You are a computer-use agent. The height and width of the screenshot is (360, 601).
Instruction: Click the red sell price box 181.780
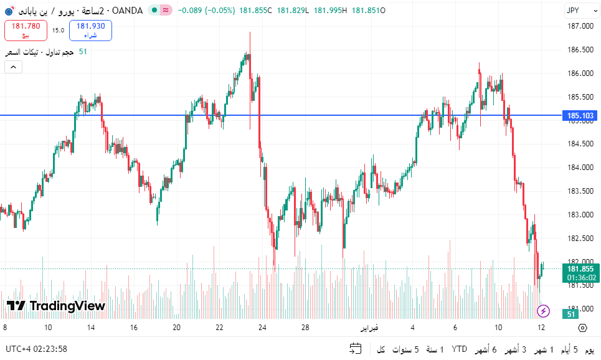(26, 30)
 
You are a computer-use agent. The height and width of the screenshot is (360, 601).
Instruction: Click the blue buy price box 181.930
(90, 30)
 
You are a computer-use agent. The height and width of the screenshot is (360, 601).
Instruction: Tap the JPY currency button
(574, 10)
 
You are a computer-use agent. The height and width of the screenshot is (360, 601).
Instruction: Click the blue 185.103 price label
(579, 115)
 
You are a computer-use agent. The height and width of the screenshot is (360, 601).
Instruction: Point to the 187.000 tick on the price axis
(580, 26)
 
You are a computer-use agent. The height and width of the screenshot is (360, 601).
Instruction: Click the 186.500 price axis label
(580, 50)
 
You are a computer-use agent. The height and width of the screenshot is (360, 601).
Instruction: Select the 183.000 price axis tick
(580, 215)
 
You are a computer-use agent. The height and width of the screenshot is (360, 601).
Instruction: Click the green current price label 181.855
(580, 269)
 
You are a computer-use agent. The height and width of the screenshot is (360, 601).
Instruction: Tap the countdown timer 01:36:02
(580, 278)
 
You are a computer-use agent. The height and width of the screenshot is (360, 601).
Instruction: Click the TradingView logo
(55, 306)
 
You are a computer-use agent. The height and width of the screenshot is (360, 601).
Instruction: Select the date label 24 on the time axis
(263, 328)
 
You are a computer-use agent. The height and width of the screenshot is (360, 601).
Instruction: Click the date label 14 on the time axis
(91, 328)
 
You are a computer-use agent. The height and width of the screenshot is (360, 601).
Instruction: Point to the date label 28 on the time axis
(306, 328)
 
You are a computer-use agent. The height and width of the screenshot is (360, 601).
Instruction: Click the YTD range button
(460, 349)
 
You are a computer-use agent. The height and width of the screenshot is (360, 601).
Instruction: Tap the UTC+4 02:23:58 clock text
(36, 349)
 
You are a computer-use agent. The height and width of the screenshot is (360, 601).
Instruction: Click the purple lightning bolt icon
(543, 310)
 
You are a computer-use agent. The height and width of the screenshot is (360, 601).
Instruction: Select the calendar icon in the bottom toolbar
(356, 349)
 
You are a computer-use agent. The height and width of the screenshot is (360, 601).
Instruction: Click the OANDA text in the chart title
(127, 11)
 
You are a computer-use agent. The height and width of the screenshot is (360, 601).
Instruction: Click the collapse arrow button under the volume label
(13, 67)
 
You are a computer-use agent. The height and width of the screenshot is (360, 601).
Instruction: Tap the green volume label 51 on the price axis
(571, 314)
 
